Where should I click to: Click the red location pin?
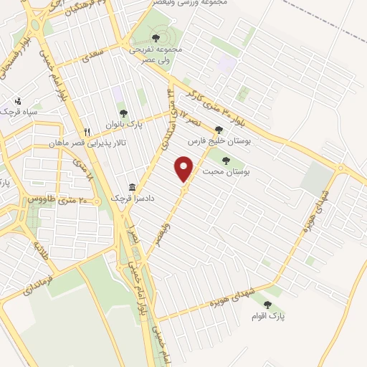185,170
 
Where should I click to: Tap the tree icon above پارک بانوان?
123,113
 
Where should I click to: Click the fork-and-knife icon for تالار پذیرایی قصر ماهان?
87,132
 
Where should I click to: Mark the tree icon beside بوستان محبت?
226,161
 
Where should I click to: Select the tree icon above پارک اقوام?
267,305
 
